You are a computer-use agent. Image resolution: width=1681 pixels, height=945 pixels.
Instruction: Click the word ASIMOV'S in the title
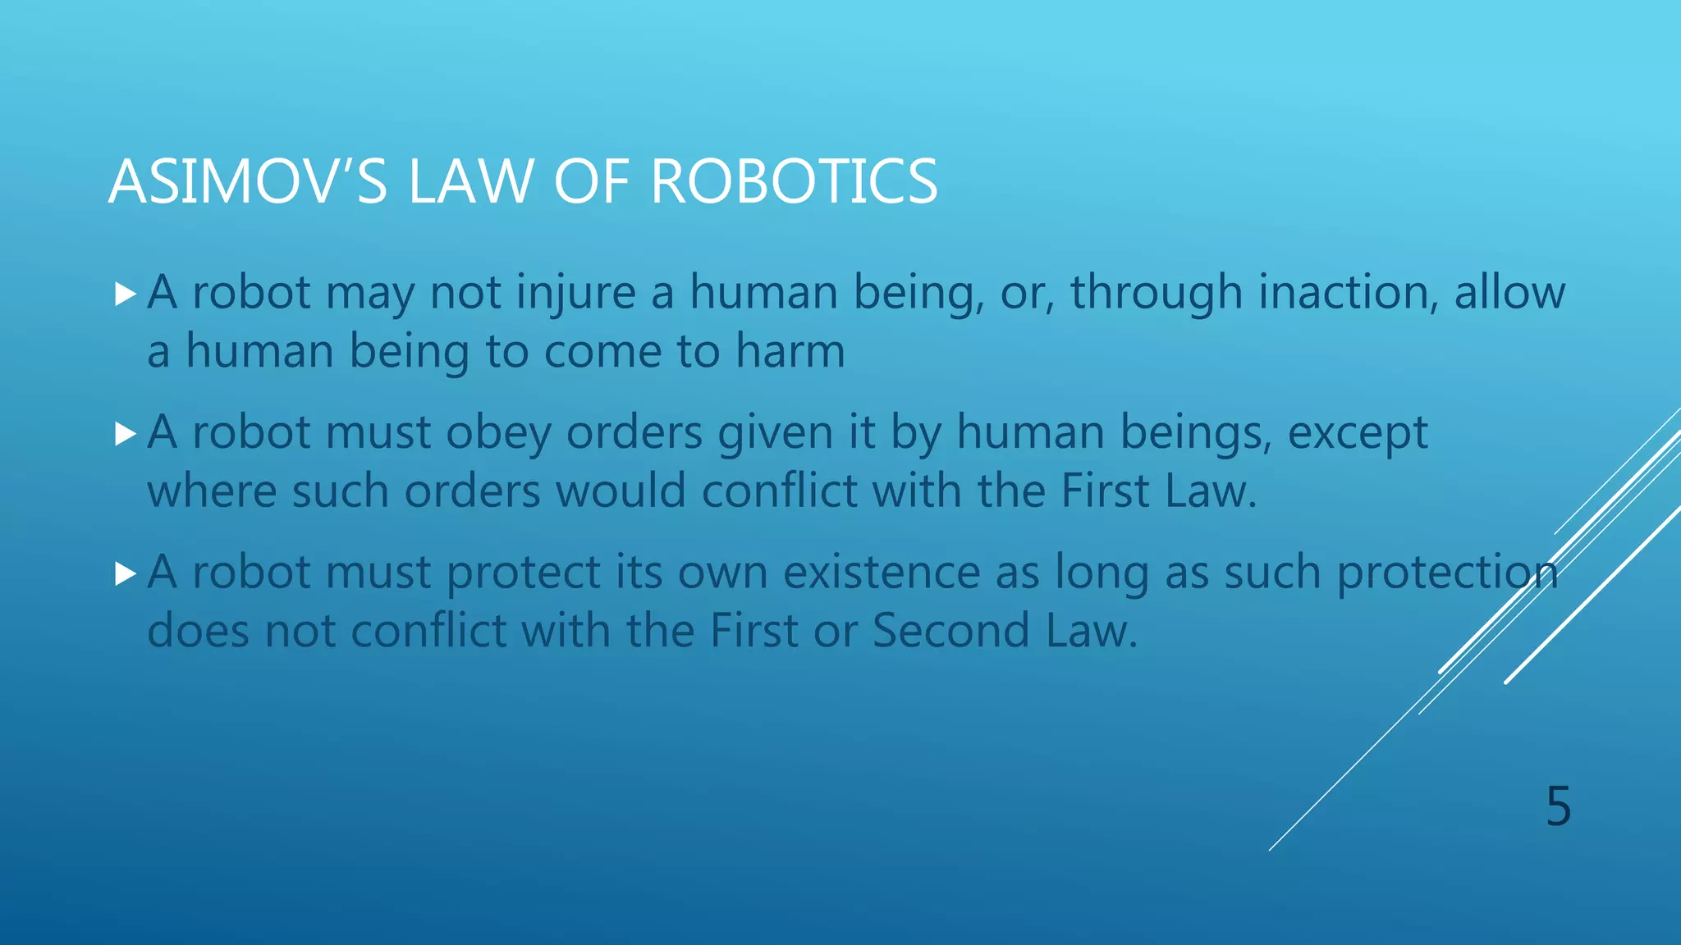pos(247,181)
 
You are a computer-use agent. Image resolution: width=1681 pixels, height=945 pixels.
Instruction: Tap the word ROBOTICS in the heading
pos(794,181)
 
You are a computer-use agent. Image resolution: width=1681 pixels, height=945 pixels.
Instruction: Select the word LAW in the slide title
pos(471,181)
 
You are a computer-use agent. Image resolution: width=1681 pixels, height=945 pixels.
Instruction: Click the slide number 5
pos(1558,806)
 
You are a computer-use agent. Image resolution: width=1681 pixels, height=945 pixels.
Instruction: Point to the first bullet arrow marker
pos(126,294)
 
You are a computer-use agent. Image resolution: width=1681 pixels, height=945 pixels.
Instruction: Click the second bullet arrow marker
pos(126,434)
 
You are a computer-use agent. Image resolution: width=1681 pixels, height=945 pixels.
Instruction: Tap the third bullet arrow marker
pos(126,573)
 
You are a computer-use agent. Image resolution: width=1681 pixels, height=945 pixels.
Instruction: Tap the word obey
pos(498,433)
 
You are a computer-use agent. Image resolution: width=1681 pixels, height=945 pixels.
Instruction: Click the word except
pos(1358,433)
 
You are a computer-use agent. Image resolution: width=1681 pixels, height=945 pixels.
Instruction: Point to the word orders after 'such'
pos(472,491)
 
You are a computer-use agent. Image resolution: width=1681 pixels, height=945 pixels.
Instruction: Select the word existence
pos(882,573)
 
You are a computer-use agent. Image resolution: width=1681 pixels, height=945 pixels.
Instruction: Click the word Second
pos(950,631)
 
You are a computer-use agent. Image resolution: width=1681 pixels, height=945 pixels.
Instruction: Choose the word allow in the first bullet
pos(1509,293)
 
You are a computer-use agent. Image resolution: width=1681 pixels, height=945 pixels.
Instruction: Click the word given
pos(776,433)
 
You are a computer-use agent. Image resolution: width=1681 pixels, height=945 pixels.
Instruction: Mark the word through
pos(1156,293)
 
